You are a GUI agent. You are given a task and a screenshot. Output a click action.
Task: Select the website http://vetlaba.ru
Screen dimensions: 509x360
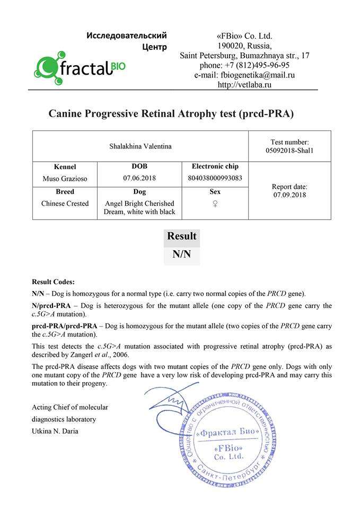pyautogui.click(x=244, y=84)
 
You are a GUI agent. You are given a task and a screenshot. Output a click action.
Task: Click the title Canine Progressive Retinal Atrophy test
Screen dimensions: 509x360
pyautogui.click(x=171, y=113)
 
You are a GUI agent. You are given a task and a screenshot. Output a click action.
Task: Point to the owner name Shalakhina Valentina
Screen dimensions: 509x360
pyautogui.click(x=141, y=146)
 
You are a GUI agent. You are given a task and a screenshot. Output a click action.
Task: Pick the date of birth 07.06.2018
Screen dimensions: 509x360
pyautogui.click(x=139, y=178)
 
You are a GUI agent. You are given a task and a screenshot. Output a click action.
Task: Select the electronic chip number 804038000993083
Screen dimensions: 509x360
pyautogui.click(x=215, y=178)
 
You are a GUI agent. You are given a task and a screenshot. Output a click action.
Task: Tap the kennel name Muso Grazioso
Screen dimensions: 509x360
pyautogui.click(x=65, y=179)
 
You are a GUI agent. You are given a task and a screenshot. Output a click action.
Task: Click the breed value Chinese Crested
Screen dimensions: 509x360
pyautogui.click(x=65, y=204)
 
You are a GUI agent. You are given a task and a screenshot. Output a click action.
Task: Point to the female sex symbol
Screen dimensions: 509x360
pyautogui.click(x=215, y=204)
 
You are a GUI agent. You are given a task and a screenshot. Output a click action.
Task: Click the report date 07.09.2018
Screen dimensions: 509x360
pyautogui.click(x=289, y=195)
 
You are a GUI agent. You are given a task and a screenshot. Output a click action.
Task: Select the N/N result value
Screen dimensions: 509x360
pyautogui.click(x=181, y=254)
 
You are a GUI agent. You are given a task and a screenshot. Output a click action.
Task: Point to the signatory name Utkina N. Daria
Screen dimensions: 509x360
pyautogui.click(x=55, y=431)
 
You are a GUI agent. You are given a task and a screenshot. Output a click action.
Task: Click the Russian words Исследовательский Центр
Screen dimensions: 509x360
pyautogui.click(x=127, y=41)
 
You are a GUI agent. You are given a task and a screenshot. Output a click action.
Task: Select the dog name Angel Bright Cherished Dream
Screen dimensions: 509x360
pyautogui.click(x=139, y=208)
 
